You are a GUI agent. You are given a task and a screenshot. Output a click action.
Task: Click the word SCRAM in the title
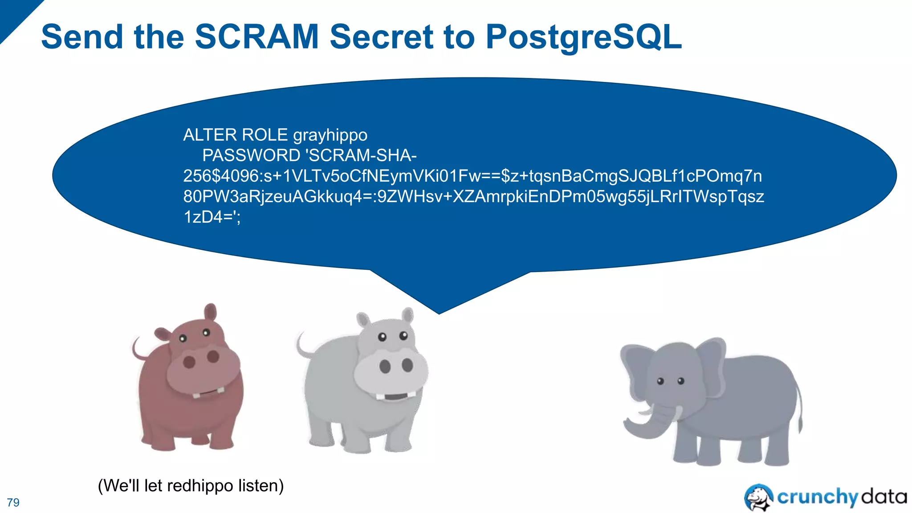(x=256, y=37)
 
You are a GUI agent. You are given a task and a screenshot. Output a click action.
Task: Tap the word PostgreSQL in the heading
(x=583, y=37)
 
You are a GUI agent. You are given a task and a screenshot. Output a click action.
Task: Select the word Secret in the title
(x=381, y=37)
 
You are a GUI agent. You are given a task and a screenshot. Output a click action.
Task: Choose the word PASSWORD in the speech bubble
(x=251, y=155)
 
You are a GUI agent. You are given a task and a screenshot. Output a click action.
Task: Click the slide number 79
(x=13, y=502)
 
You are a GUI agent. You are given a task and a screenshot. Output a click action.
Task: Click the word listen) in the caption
(x=261, y=485)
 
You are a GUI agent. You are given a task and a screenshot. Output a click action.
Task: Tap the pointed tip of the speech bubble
(x=439, y=313)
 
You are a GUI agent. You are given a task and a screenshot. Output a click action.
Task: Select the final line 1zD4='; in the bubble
(x=212, y=217)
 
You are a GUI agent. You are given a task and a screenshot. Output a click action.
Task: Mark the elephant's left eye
(x=661, y=381)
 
